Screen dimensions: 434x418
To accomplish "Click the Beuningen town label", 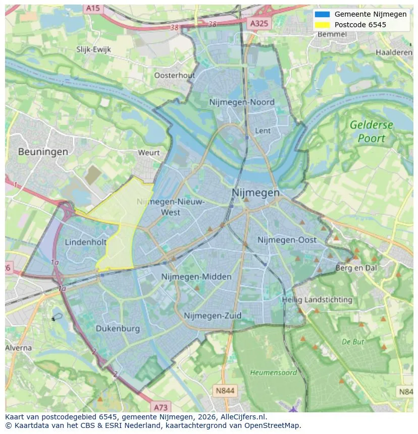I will [43, 151].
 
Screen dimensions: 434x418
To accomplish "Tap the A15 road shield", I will [92, 9].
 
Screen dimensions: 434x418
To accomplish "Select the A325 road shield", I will [259, 23].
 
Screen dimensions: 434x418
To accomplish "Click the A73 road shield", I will [161, 407].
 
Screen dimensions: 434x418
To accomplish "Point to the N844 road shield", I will [225, 391].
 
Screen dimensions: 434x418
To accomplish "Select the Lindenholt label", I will [85, 242].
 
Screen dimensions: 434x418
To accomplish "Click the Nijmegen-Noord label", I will [242, 102].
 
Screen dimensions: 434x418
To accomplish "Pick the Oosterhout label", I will [174, 75].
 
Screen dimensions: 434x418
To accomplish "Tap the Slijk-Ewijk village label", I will [93, 49].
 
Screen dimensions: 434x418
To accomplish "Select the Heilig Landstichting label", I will [317, 299].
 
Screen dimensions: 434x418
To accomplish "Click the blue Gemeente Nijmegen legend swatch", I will [322, 14].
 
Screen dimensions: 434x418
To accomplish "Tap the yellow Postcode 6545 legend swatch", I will [322, 25].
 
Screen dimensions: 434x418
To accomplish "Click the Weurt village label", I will [148, 152].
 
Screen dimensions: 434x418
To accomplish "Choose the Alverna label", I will [19, 348].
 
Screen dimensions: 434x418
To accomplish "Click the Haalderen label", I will [394, 52].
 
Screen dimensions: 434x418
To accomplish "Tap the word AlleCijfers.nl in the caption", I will [244, 417].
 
